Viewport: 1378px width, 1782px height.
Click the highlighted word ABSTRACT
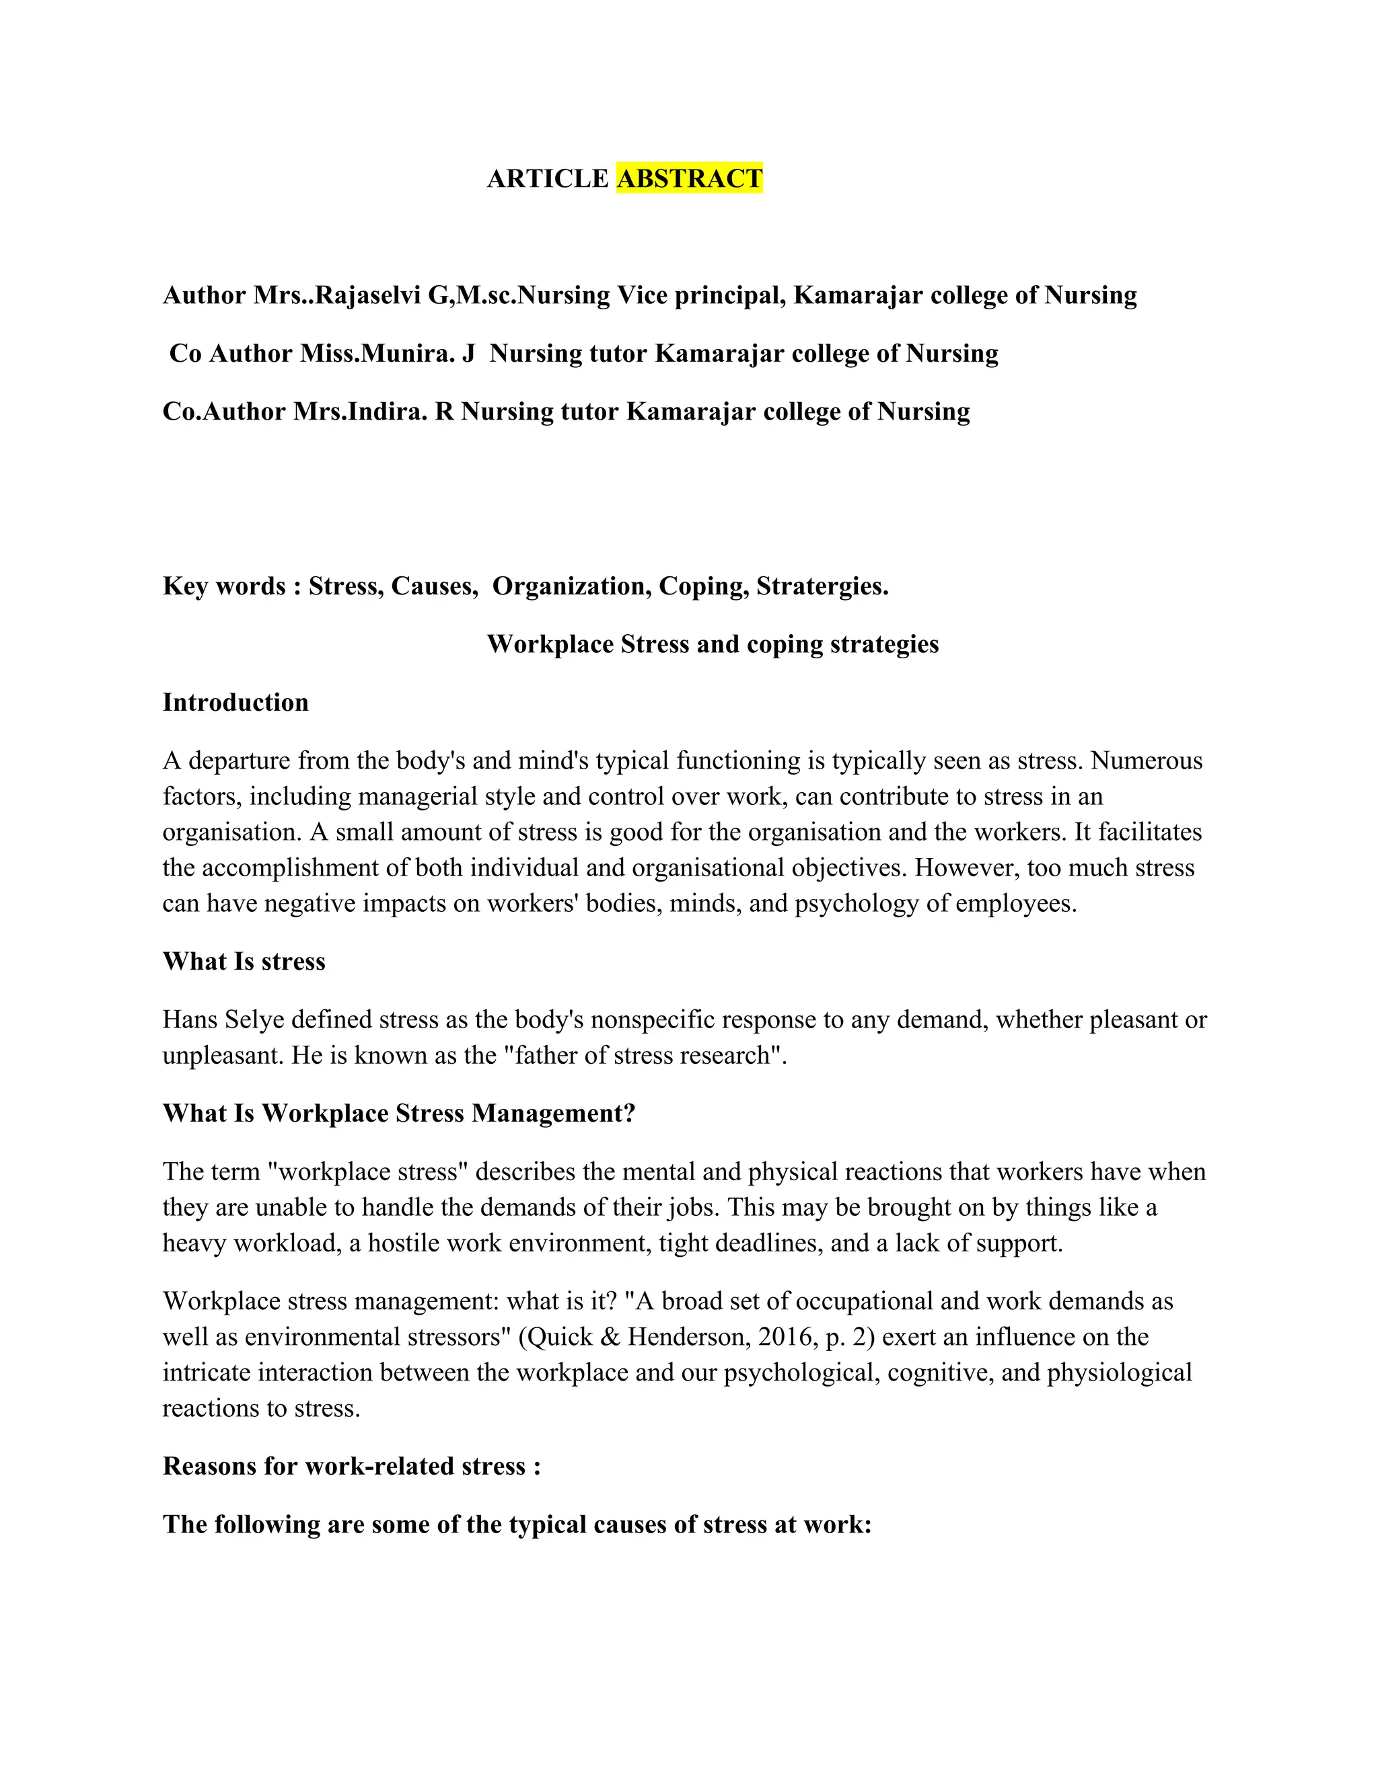point(689,178)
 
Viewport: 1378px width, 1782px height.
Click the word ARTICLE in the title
point(548,178)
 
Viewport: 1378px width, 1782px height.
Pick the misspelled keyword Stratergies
point(822,586)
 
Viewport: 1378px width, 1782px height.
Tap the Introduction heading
point(235,703)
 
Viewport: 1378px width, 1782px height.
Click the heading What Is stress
point(244,961)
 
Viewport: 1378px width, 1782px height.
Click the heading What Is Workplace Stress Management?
point(398,1113)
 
